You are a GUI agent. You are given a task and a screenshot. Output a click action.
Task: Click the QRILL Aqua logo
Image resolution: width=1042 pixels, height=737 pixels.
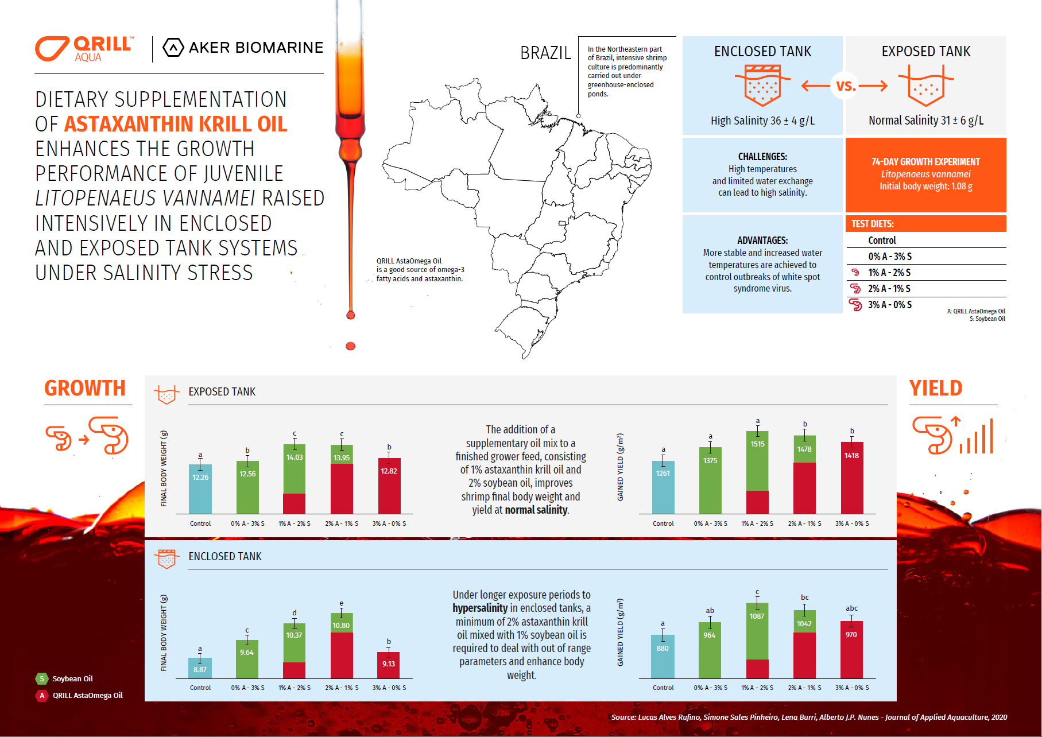tap(84, 48)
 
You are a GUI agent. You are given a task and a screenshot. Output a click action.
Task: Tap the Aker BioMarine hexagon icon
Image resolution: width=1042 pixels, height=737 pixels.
tap(173, 48)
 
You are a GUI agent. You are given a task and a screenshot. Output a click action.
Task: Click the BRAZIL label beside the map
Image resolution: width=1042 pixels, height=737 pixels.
tap(545, 53)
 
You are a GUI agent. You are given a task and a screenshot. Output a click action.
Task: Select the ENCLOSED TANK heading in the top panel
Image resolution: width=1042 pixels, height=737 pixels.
tap(762, 52)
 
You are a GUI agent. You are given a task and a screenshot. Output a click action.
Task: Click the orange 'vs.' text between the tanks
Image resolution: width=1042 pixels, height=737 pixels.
tap(846, 86)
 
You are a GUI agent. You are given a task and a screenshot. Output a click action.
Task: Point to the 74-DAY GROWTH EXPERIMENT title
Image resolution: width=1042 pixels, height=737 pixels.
tap(925, 162)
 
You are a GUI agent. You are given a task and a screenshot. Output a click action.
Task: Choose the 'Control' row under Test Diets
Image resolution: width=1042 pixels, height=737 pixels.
tap(882, 241)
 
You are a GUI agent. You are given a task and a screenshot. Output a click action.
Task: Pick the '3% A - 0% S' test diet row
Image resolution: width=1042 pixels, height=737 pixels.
tap(889, 305)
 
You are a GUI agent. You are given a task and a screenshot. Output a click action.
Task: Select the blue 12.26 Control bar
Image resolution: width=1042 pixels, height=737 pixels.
tap(200, 488)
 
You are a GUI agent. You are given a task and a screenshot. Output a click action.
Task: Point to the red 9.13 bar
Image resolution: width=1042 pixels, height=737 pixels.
tap(389, 665)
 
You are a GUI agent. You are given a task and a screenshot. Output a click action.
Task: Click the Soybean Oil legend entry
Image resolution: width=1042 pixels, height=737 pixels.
tap(72, 678)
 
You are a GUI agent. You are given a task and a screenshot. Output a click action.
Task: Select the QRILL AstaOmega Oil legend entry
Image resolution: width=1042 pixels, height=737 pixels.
tap(87, 695)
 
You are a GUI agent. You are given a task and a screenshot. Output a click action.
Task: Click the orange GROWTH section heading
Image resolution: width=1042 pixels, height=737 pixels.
tap(85, 389)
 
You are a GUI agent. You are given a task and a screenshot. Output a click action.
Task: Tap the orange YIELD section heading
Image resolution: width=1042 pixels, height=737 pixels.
tap(935, 389)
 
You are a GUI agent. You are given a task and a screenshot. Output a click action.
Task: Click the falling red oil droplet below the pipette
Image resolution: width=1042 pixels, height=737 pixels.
tap(351, 346)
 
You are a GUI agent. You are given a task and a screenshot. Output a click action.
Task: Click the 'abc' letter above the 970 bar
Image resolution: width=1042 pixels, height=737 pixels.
tap(851, 608)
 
